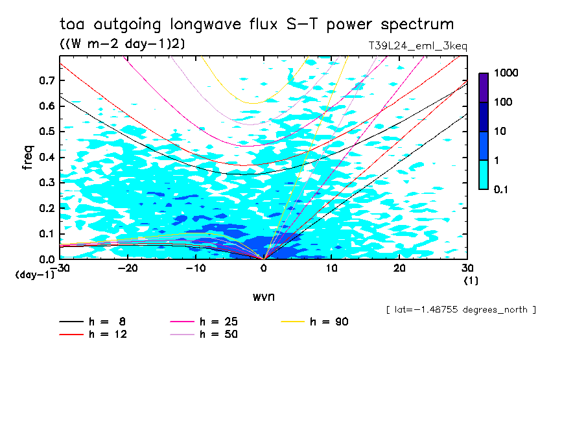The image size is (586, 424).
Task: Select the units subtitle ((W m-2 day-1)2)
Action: [123, 43]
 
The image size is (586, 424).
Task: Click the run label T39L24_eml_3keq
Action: [417, 46]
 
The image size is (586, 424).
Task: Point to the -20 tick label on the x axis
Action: [128, 268]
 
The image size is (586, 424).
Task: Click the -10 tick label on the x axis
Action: [196, 268]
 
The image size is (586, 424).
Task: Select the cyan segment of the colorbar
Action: [484, 174]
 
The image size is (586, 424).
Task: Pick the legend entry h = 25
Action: [219, 322]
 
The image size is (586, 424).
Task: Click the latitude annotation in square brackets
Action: [460, 310]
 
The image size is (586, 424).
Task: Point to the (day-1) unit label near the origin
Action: [34, 275]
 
